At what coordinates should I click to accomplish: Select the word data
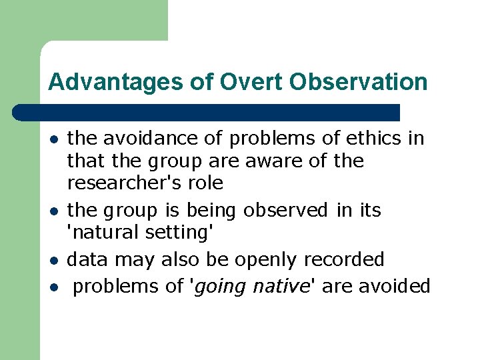[87, 259]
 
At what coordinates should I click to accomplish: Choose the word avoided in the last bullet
[395, 286]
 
